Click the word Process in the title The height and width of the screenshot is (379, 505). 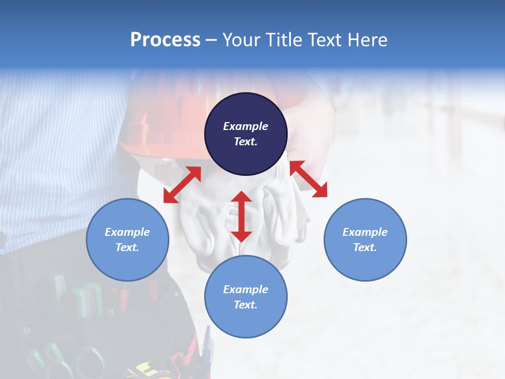(165, 40)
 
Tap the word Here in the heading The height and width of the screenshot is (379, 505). (367, 40)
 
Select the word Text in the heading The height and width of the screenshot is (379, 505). (325, 40)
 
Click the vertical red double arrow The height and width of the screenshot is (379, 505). (241, 216)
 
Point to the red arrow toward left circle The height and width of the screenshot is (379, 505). (182, 185)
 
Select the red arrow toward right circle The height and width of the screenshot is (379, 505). (308, 179)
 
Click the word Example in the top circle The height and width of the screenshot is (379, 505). (246, 126)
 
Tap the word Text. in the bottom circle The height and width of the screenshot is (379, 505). (246, 305)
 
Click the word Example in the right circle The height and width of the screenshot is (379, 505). (365, 232)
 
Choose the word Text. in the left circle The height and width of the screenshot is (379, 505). (127, 247)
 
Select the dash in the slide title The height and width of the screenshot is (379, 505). (211, 41)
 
